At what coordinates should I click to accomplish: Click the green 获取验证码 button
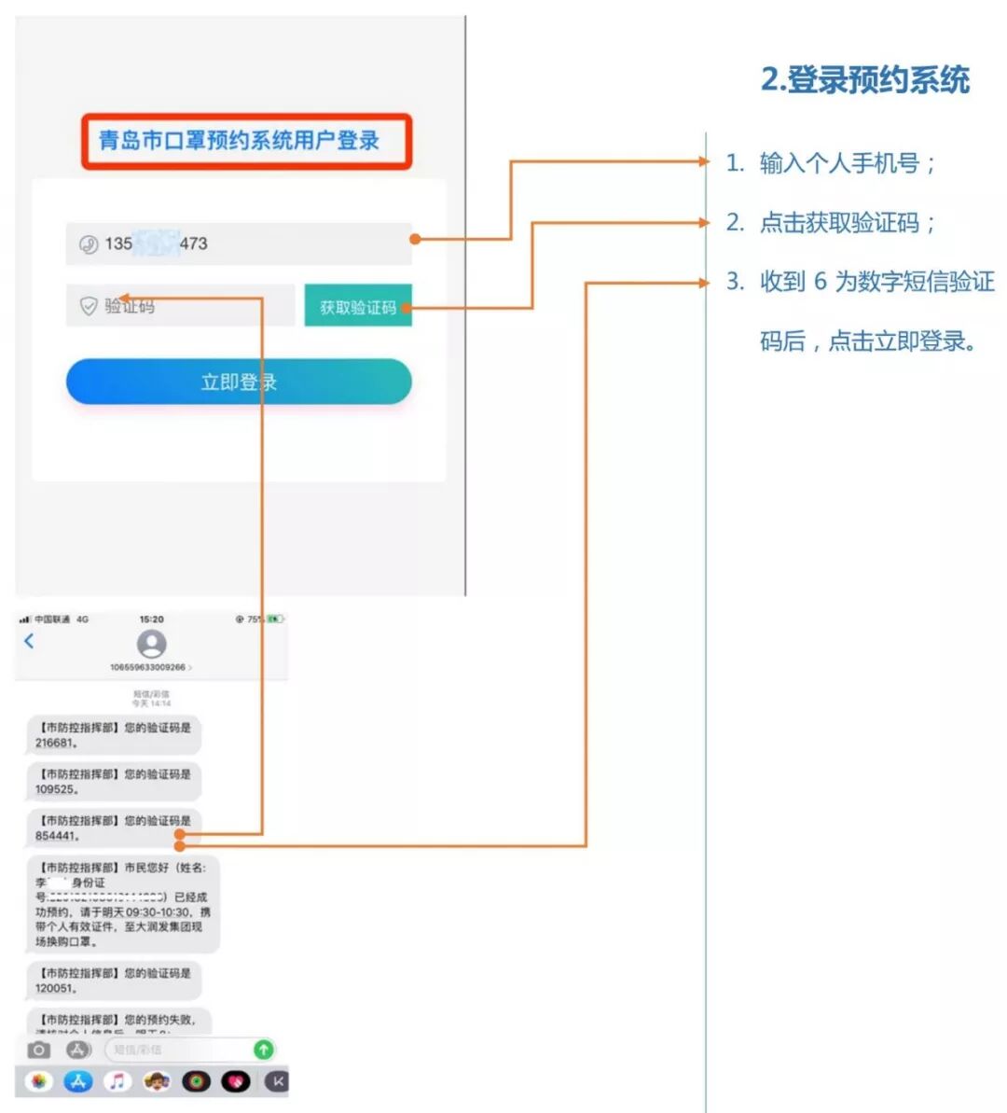[x=358, y=307]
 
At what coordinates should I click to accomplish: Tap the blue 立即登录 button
[x=239, y=382]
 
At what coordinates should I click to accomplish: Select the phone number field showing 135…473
[x=239, y=243]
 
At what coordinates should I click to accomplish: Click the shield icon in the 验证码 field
[x=89, y=306]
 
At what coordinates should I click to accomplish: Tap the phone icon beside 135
[x=89, y=244]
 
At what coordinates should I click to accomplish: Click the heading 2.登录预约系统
[x=865, y=80]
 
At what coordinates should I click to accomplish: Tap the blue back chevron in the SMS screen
[x=29, y=641]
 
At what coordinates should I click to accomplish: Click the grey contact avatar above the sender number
[x=151, y=644]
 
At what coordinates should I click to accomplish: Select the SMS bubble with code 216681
[x=113, y=735]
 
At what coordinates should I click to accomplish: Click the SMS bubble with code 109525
[x=113, y=782]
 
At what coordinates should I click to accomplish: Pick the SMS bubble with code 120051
[x=113, y=981]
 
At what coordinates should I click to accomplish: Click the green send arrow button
[x=264, y=1050]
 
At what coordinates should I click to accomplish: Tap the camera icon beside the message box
[x=38, y=1050]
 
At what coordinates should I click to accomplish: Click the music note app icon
[x=117, y=1081]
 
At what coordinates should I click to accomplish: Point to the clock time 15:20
[x=151, y=619]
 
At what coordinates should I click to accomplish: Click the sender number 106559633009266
[x=148, y=668]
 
